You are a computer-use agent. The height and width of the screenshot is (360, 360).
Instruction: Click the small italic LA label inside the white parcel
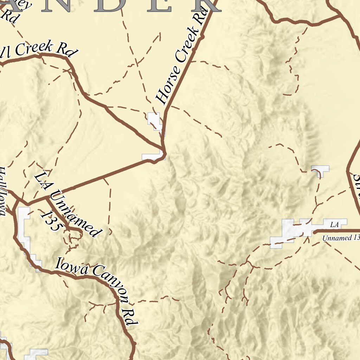point(334,224)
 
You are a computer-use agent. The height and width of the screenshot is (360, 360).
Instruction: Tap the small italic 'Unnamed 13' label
point(340,238)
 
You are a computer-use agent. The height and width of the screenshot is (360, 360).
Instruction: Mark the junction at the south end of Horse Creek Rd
point(163,148)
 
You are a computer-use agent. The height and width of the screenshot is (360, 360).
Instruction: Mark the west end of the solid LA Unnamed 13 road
point(314,232)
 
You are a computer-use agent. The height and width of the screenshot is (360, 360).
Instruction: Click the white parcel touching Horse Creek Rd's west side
point(154,120)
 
